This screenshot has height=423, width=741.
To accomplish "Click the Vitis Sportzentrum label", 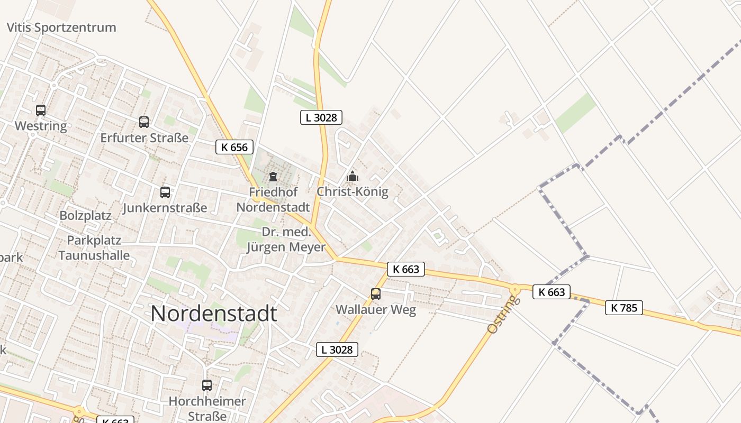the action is (61, 27).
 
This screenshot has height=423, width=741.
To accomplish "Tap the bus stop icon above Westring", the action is (41, 111).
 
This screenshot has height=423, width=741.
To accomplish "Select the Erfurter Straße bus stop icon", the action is (144, 122).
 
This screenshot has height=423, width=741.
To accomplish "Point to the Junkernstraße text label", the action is (165, 208).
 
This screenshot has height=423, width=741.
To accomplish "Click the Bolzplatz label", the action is (85, 216).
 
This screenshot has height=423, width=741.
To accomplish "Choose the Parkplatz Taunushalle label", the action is (94, 248).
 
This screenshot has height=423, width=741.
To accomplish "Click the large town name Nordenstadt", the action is (213, 314).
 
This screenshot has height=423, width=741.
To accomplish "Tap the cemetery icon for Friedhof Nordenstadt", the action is (273, 177).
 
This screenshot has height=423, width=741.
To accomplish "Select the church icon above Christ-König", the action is (353, 176).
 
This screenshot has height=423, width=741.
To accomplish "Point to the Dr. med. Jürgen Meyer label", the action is (286, 240).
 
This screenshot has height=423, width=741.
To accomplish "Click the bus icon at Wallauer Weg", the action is (376, 294).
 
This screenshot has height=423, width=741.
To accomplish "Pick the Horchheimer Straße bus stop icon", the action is (207, 385).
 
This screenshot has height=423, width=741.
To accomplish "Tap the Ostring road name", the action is (501, 315).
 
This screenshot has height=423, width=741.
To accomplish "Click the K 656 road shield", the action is (234, 147).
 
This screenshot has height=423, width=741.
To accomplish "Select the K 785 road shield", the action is (624, 308).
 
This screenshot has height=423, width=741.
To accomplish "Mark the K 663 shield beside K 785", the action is (552, 292).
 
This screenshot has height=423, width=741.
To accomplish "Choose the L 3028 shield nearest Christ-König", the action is (321, 117).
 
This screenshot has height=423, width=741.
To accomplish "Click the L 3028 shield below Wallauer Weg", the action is (337, 350).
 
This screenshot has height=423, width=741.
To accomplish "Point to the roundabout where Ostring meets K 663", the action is (514, 289).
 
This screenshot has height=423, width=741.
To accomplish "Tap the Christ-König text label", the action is (353, 192).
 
